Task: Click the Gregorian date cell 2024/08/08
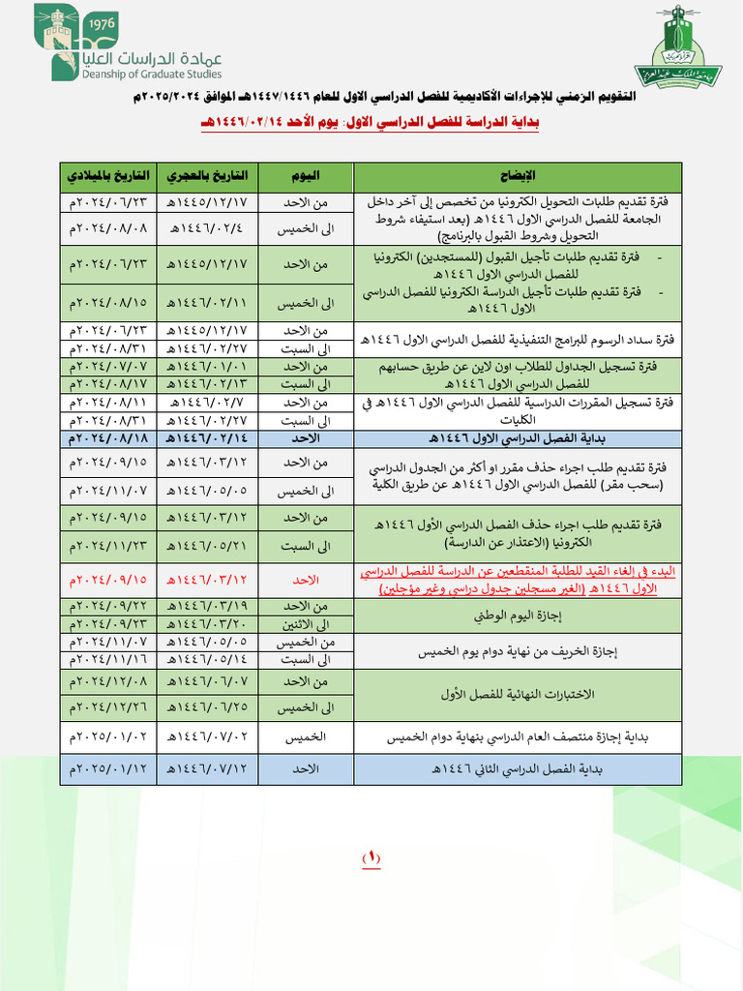click(x=107, y=228)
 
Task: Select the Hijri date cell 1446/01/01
click(x=207, y=367)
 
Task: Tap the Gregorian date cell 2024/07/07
click(x=107, y=367)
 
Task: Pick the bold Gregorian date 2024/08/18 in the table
click(x=107, y=438)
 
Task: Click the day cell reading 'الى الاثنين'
click(x=307, y=624)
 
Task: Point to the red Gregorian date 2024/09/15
click(x=107, y=579)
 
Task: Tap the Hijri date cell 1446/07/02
click(x=207, y=736)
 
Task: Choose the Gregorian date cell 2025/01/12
click(x=107, y=769)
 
